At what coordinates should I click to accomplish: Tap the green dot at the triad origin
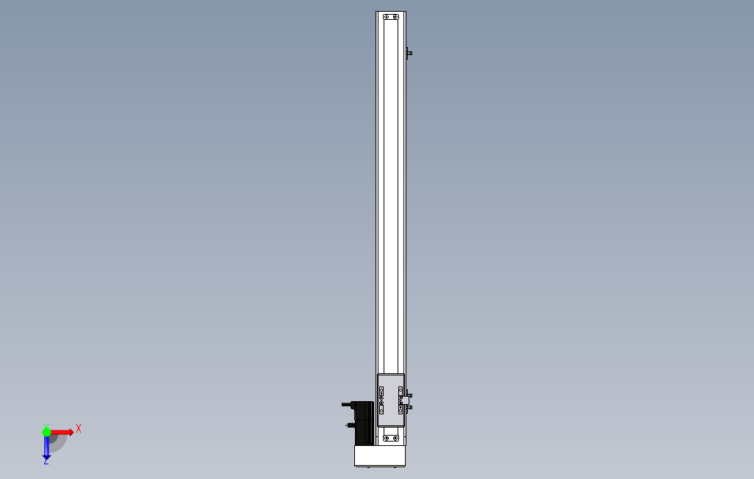pos(46,433)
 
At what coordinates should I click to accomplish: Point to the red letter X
pos(79,428)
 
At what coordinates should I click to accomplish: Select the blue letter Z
pos(46,461)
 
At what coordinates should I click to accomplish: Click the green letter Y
pos(46,426)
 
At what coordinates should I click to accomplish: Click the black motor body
pos(364,423)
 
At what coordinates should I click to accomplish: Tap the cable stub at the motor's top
pos(347,405)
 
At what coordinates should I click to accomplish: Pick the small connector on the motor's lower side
pos(350,425)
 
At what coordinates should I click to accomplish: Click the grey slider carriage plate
pos(391,400)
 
